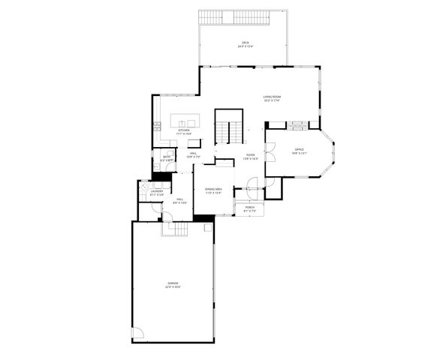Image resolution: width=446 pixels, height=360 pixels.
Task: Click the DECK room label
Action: pos(245,42)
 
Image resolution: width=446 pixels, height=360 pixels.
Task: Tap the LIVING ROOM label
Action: pos(272,97)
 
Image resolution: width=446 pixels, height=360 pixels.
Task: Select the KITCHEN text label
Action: pos(184,130)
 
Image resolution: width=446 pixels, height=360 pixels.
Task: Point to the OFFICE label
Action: pos(300,150)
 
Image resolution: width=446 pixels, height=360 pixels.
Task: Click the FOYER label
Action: pos(251,154)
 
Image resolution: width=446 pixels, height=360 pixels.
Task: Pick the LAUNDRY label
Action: pos(156,191)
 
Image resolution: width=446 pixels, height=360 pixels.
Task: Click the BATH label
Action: pos(167,157)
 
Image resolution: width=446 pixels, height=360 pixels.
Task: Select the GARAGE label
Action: pos(173,283)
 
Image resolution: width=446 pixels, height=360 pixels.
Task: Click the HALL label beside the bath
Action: pos(193,154)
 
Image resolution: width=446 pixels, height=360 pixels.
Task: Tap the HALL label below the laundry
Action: pos(180,199)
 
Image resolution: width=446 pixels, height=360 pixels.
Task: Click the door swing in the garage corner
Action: pos(137,334)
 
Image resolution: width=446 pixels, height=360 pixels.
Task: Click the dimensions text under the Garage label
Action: pos(173,287)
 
